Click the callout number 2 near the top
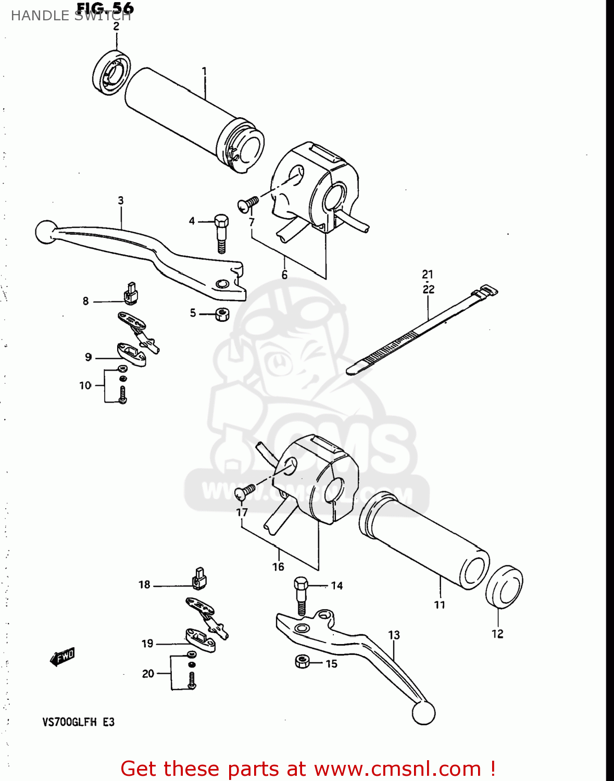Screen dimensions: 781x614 coord(116,27)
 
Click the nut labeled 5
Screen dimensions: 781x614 coord(222,314)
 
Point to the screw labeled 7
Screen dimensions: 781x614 coord(248,204)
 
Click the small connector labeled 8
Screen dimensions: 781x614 coord(131,294)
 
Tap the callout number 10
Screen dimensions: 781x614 coord(85,386)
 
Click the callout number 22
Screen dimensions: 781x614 coord(428,289)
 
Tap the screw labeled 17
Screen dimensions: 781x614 coord(245,491)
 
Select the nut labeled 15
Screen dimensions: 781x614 coord(303,662)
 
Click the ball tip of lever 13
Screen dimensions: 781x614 coord(423,712)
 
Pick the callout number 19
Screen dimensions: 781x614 coord(147,644)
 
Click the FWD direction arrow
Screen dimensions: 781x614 coord(62,657)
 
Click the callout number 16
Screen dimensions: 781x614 coord(278,566)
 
